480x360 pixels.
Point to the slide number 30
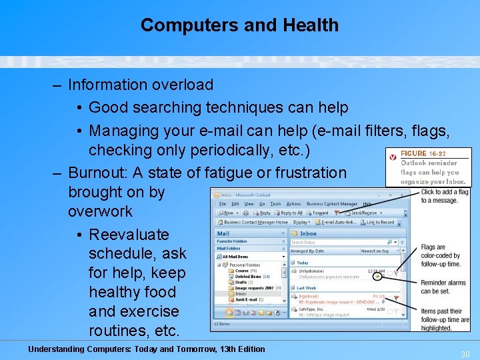tap(465, 355)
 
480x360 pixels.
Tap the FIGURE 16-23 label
tap(423, 154)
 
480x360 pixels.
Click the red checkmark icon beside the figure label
tap(393, 157)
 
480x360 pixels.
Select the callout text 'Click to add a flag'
tap(445, 192)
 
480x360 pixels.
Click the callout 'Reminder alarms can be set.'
tap(443, 287)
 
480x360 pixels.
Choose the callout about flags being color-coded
tap(441, 255)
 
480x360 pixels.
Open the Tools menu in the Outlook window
tap(275, 204)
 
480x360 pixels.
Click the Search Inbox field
tap(340, 242)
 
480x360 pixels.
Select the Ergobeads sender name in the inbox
tap(309, 296)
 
